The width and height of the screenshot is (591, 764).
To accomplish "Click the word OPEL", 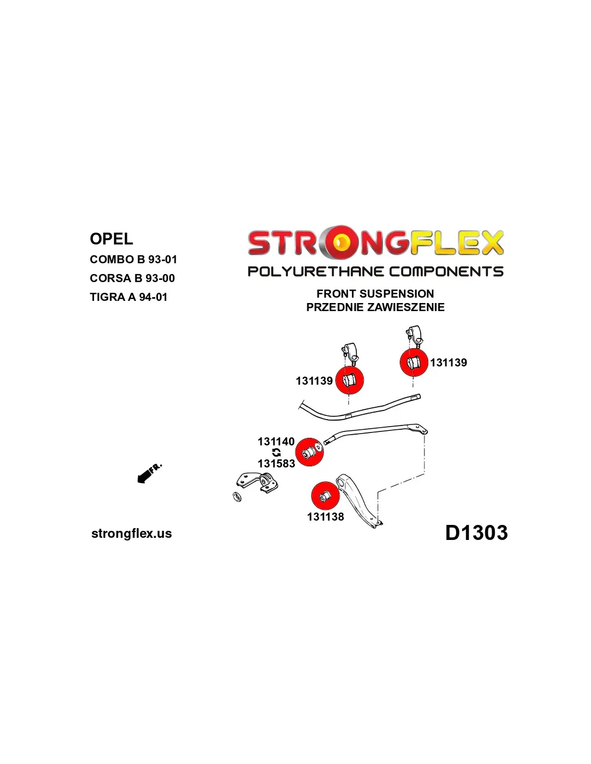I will (x=111, y=239).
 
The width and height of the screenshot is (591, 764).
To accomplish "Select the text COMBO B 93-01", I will (x=133, y=260).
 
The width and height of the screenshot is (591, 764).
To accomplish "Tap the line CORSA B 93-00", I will (x=132, y=278).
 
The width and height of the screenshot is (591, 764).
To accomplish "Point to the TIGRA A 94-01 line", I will (x=128, y=297).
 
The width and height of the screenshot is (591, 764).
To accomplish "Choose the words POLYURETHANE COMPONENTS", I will (x=375, y=271).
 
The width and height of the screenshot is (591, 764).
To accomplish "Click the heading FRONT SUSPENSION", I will (x=375, y=294).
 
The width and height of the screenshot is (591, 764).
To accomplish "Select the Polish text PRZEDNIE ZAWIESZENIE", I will (x=375, y=307).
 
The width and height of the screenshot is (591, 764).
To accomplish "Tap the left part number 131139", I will (x=314, y=381).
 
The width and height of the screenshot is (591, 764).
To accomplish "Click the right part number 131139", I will (x=448, y=363).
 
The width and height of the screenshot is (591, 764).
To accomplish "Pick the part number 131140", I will (x=276, y=442).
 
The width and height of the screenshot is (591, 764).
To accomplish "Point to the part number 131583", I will (x=276, y=464).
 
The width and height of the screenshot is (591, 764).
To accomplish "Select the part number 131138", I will (x=325, y=517).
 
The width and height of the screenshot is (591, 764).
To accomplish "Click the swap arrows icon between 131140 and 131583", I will (x=276, y=452).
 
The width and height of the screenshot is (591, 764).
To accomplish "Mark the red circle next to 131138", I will (x=325, y=495).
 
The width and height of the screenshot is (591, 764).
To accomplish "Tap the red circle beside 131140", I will (x=309, y=452).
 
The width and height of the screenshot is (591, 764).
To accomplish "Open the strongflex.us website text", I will (x=132, y=534).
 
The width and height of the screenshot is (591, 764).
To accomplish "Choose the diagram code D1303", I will (x=476, y=533).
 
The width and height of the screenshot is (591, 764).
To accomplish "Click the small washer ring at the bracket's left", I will (x=236, y=497).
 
